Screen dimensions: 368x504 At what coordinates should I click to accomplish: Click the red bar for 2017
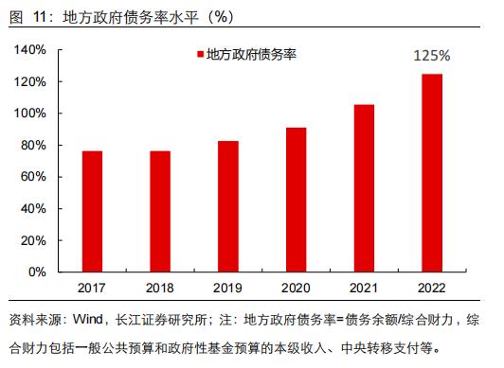pos(92,211)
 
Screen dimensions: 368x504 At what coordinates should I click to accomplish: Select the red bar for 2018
pos(160,211)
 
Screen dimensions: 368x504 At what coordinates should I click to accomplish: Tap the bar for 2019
pos(228,206)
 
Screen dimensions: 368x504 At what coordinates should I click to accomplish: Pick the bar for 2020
pos(296,200)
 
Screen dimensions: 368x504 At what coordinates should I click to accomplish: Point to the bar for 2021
pos(364,188)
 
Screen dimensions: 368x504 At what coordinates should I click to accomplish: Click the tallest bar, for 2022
pos(432,172)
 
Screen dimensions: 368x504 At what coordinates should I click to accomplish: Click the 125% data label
pos(432,56)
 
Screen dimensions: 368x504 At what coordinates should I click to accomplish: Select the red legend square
pos(200,55)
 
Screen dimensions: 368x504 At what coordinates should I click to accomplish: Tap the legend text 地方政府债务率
pos(251,55)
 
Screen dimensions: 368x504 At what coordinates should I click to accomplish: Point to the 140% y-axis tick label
pos(31,50)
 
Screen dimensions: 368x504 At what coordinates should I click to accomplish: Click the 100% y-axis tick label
pos(31,114)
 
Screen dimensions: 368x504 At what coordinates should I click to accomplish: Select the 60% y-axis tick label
pos(35,177)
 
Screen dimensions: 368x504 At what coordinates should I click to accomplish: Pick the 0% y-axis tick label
pos(38,272)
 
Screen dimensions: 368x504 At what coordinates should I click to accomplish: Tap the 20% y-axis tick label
pos(35,240)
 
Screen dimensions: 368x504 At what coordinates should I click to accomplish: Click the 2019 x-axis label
pos(228,287)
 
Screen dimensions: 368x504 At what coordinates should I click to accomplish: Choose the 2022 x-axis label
pos(432,287)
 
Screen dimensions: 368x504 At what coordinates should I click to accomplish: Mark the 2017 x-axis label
pos(92,287)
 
